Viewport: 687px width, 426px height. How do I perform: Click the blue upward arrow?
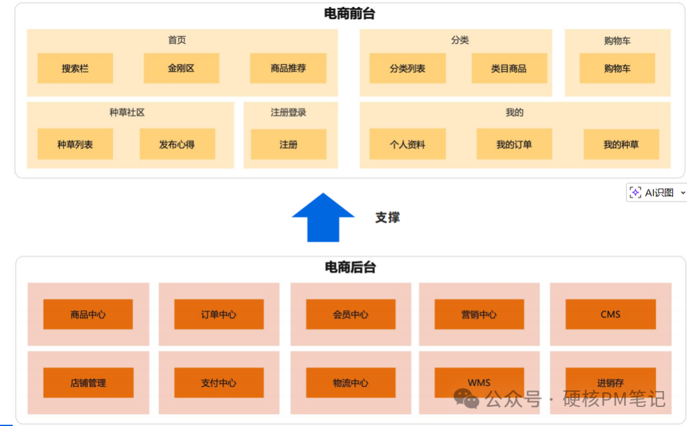[x=323, y=217]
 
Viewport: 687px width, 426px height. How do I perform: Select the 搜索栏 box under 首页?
[x=75, y=68]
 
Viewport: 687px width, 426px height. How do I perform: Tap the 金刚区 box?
[x=181, y=68]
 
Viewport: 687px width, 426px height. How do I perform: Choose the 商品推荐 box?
[x=288, y=68]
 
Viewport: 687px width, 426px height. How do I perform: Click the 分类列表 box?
[x=408, y=68]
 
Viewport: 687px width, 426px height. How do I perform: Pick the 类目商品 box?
[x=509, y=68]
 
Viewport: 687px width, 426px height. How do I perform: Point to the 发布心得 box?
[x=177, y=144]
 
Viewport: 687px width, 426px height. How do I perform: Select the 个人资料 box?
[x=408, y=144]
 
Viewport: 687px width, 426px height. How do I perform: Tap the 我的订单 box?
[x=514, y=144]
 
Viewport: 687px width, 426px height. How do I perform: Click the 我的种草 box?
[x=621, y=144]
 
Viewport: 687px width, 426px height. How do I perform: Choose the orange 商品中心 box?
[x=88, y=314]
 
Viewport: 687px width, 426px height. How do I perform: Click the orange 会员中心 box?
[x=350, y=314]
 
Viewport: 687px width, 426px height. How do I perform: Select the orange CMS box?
[x=610, y=314]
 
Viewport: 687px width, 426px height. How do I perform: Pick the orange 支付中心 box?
[x=219, y=383]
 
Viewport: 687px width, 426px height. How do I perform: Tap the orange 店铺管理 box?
[x=88, y=383]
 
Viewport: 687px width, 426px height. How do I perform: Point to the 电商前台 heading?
[x=349, y=13]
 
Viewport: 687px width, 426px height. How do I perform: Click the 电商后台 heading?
[x=350, y=268]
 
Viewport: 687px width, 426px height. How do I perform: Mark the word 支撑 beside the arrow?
[x=387, y=217]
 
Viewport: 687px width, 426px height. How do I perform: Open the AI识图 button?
[x=655, y=193]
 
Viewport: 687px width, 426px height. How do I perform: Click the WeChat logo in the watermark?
[x=466, y=399]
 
